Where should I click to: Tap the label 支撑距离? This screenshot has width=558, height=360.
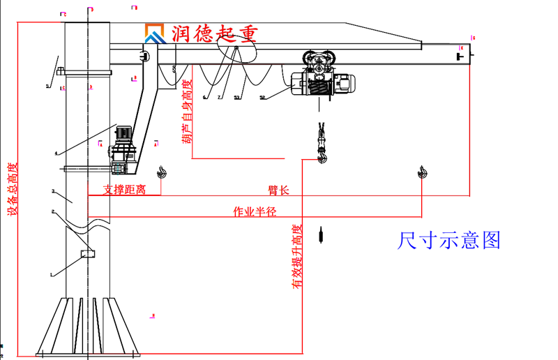click(x=124, y=189)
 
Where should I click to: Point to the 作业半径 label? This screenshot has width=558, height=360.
click(x=254, y=211)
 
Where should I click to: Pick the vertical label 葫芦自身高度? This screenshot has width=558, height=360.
click(x=186, y=112)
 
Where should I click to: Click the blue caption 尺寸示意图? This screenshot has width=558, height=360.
click(x=449, y=241)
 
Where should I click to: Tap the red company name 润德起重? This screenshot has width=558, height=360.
click(x=206, y=33)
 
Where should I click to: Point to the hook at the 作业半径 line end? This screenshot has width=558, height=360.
click(x=423, y=171)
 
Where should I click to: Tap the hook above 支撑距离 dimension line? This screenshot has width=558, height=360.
click(x=161, y=171)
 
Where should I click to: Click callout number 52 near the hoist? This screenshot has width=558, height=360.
click(x=262, y=98)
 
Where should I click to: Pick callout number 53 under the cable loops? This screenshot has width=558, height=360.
click(x=236, y=98)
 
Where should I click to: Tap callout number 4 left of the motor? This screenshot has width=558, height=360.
click(x=56, y=153)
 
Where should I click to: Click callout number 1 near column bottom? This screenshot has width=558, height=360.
click(x=52, y=275)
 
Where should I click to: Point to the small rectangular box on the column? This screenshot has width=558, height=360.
click(x=87, y=253)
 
